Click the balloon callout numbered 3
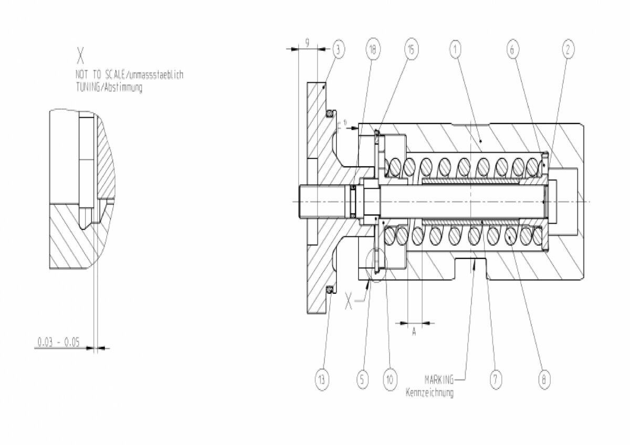point(339,50)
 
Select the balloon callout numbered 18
point(372,50)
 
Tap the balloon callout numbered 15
point(411,50)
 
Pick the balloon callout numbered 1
point(455,50)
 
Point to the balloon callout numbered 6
point(513,50)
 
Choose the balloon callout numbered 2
point(567,50)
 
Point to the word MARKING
point(439,378)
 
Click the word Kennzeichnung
point(429,393)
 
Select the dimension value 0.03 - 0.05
point(58,343)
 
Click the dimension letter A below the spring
point(414,332)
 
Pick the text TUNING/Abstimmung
point(109,88)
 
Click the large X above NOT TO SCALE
point(80,55)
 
